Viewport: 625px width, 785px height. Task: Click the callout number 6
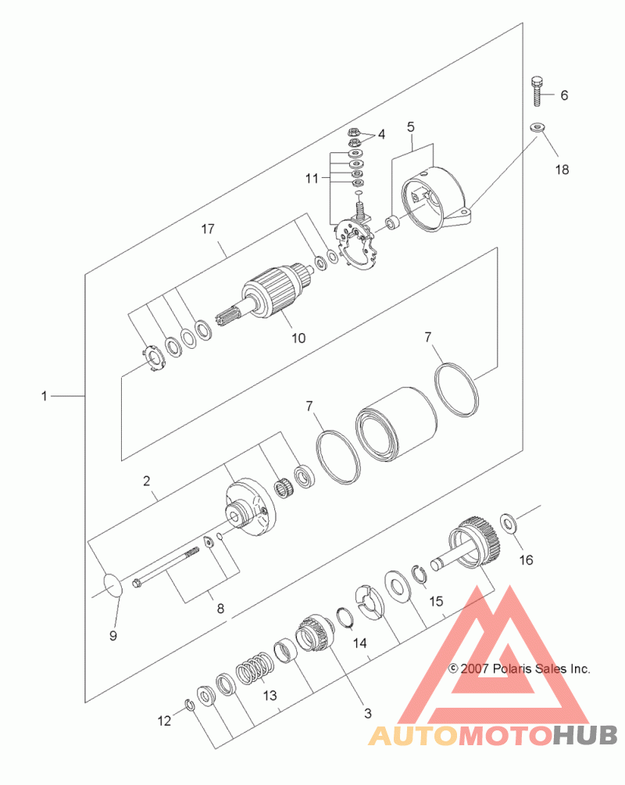[564, 95]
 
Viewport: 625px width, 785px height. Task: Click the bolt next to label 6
[537, 91]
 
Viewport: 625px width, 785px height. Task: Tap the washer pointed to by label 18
[537, 126]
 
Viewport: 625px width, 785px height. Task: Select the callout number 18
[562, 169]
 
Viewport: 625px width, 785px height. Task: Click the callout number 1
[44, 396]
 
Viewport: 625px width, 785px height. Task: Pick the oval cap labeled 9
[112, 586]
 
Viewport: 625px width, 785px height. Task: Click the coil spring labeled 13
[255, 670]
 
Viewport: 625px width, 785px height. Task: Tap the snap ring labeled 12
[190, 705]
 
